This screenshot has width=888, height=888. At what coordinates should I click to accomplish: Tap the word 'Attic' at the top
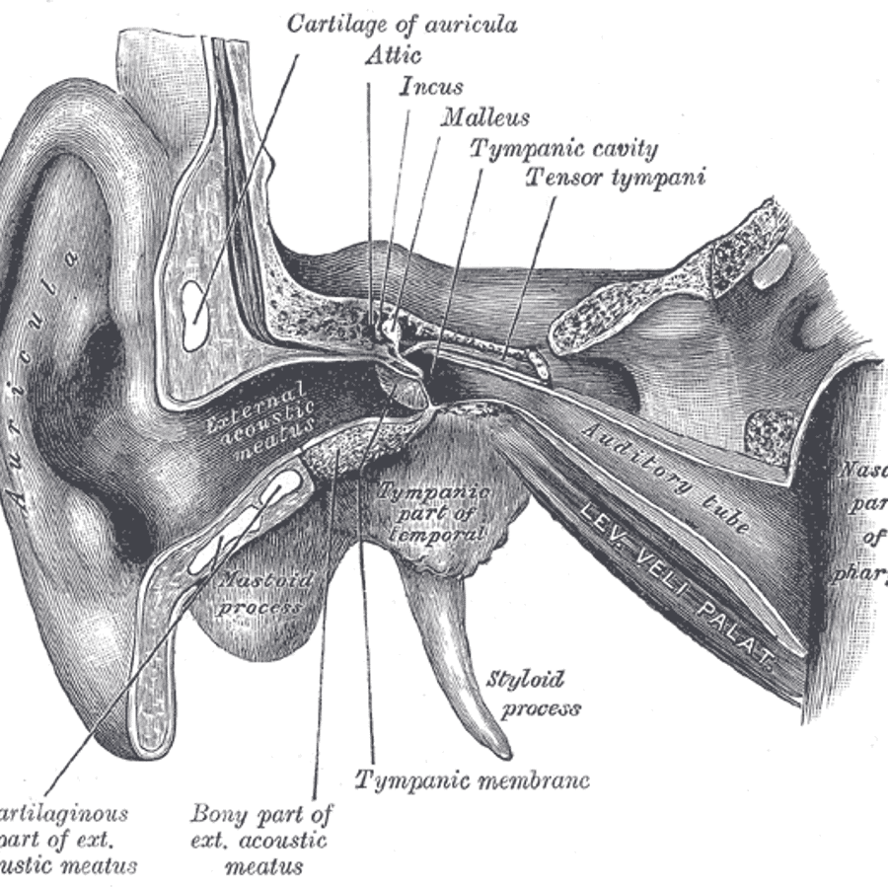point(393,55)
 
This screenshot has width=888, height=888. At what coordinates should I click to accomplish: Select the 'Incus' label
point(431,87)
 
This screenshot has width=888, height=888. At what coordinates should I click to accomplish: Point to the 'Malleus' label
point(484,117)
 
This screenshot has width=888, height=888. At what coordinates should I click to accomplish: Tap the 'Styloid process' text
point(534,694)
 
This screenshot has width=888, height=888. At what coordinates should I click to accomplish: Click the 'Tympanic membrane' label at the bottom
point(473,780)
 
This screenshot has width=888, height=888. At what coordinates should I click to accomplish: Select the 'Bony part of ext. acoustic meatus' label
point(260,840)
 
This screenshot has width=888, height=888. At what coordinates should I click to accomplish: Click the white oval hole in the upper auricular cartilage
point(195,314)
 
